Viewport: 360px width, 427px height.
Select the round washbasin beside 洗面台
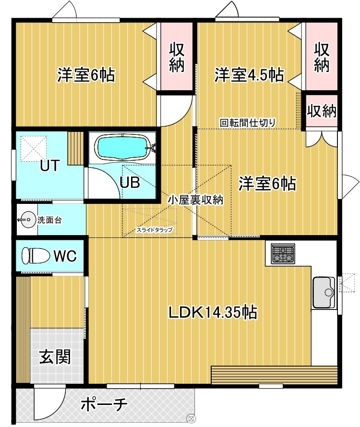point(27,221)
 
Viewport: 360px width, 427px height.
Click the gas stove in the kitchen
point(283,254)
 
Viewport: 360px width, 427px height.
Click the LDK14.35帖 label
point(212,312)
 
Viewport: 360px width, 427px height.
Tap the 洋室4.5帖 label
point(248,75)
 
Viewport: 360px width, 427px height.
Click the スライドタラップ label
point(154,230)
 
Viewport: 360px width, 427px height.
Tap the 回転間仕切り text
point(248,122)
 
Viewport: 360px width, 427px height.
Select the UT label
point(49,166)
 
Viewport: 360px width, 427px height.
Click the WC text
point(64,256)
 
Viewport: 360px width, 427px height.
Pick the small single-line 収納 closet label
point(322,111)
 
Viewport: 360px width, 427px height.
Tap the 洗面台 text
point(49,221)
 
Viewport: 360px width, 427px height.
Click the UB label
point(129,183)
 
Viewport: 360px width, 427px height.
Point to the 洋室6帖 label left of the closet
point(86,75)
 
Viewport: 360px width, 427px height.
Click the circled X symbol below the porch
point(191,418)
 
